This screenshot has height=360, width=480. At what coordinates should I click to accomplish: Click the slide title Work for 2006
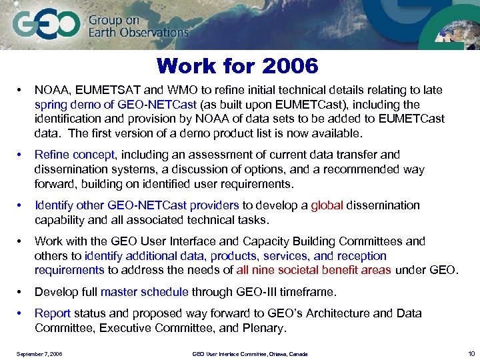pyautogui.click(x=237, y=66)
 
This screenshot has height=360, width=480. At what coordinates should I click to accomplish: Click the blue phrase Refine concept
pyautogui.click(x=74, y=155)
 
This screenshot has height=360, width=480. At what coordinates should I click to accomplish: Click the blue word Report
pyautogui.click(x=52, y=313)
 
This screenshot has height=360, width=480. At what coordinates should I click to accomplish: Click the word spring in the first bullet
pyautogui.click(x=51, y=105)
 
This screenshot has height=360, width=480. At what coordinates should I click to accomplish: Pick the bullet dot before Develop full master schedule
pyautogui.click(x=22, y=292)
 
